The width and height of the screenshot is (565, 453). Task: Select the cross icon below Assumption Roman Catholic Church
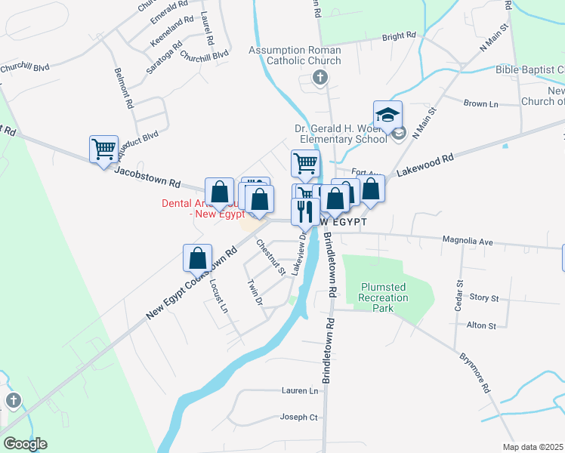click(x=321, y=77)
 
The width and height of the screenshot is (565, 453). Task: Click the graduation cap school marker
click(x=387, y=116)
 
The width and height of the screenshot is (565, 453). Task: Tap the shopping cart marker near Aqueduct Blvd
click(x=103, y=148)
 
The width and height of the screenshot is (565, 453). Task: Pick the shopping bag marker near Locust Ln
click(x=197, y=258)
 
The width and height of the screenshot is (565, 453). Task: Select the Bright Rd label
click(x=399, y=35)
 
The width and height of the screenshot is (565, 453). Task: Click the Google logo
click(x=25, y=444)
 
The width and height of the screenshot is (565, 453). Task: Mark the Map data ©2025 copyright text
click(x=533, y=447)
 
